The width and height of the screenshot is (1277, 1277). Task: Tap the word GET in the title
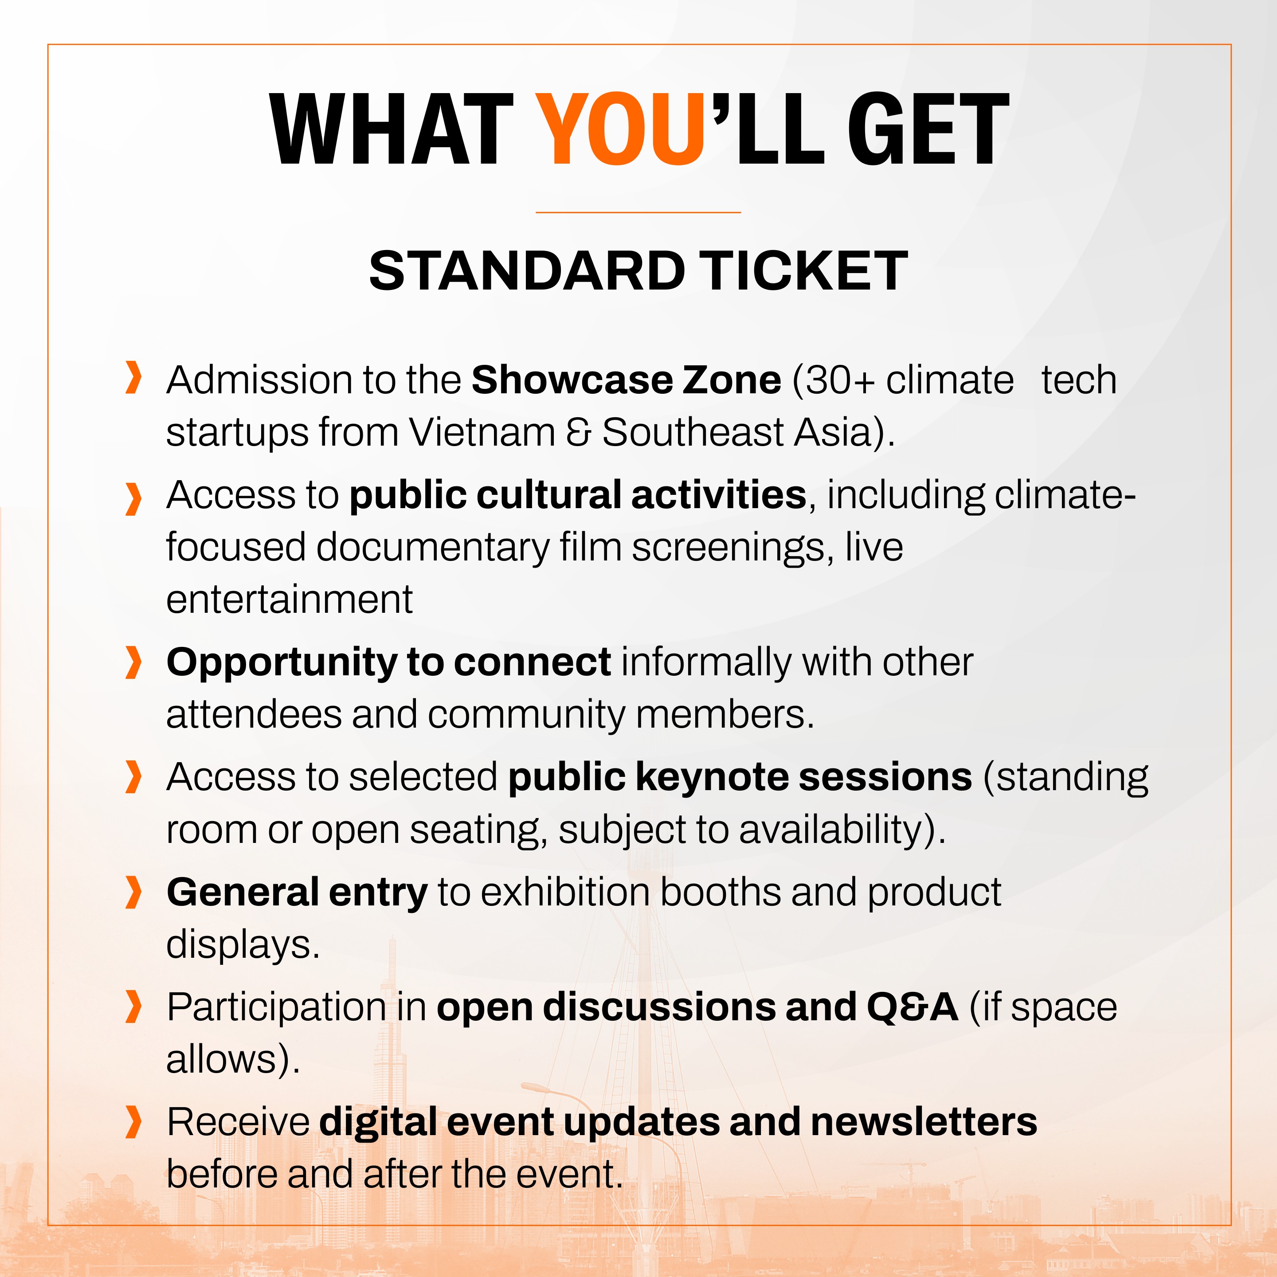[928, 129]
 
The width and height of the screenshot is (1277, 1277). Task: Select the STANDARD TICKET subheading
[638, 271]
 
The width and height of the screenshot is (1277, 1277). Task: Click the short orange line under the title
[638, 212]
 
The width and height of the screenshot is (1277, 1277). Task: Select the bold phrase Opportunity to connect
[389, 663]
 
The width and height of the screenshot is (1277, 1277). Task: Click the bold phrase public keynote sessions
[740, 777]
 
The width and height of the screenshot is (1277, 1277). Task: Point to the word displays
[242, 945]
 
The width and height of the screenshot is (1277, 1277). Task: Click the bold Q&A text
[912, 1007]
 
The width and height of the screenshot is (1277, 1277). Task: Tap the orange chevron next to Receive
[133, 1122]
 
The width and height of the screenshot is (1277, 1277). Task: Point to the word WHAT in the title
[391, 129]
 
